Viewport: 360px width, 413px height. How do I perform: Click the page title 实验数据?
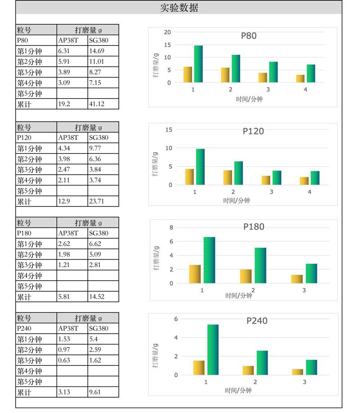(179, 8)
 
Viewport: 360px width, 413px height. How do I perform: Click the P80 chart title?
(248, 36)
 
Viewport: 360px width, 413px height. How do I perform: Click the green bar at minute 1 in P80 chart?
(198, 64)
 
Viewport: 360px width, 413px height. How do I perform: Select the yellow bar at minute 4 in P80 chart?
(300, 79)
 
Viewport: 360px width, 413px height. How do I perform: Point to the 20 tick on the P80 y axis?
(167, 32)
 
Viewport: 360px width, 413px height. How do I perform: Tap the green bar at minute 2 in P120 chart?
(238, 173)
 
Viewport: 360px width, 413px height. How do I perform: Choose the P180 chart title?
(254, 227)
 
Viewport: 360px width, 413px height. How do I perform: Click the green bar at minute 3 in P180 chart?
(311, 273)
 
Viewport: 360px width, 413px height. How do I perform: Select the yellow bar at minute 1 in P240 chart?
(199, 368)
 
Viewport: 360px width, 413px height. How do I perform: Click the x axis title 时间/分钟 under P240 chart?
(238, 390)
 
